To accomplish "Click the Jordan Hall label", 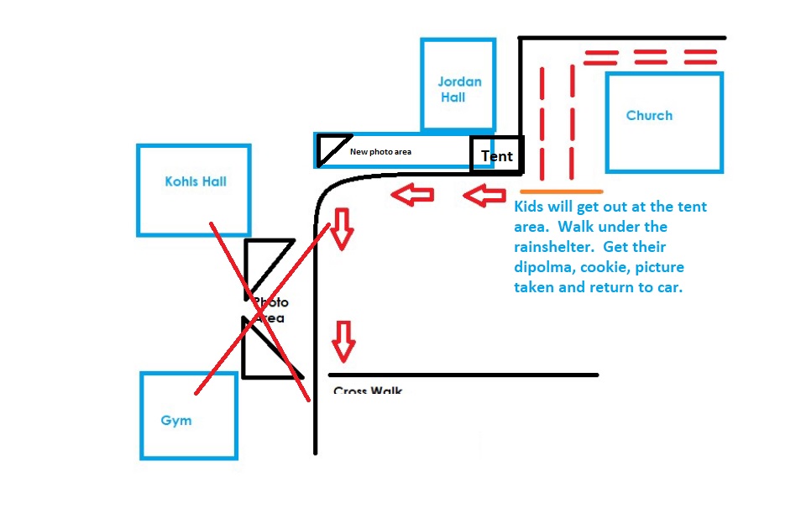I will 459,89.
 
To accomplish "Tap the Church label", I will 649,116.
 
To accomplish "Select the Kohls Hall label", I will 196,181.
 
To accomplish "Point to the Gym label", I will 176,421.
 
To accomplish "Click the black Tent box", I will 496,156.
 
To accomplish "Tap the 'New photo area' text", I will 380,152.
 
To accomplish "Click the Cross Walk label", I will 368,391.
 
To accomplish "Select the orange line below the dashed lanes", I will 560,191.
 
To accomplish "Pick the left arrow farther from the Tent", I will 413,196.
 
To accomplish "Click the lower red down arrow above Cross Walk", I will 343,339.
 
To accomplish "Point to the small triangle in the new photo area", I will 331,149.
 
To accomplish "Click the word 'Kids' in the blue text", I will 531,207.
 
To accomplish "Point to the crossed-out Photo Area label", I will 270,310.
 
